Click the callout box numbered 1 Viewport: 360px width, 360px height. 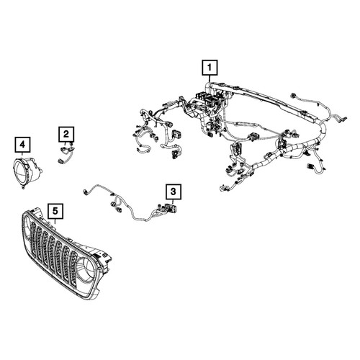coord(210,68)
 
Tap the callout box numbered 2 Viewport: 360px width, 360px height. coord(66,134)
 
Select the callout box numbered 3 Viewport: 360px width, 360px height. coord(174,192)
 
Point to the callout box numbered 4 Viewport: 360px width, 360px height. coord(22,145)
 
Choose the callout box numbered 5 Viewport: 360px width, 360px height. coord(55,211)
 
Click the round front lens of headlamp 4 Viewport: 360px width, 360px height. coord(21,171)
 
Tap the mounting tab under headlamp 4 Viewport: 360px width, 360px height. coord(23,186)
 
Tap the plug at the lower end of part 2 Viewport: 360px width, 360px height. coord(60,161)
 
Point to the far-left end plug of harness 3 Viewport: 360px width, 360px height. coord(85,191)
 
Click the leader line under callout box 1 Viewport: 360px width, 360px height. coord(210,79)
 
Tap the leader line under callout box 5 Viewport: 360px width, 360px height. coord(55,222)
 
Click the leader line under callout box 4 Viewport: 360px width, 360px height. coord(22,154)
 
